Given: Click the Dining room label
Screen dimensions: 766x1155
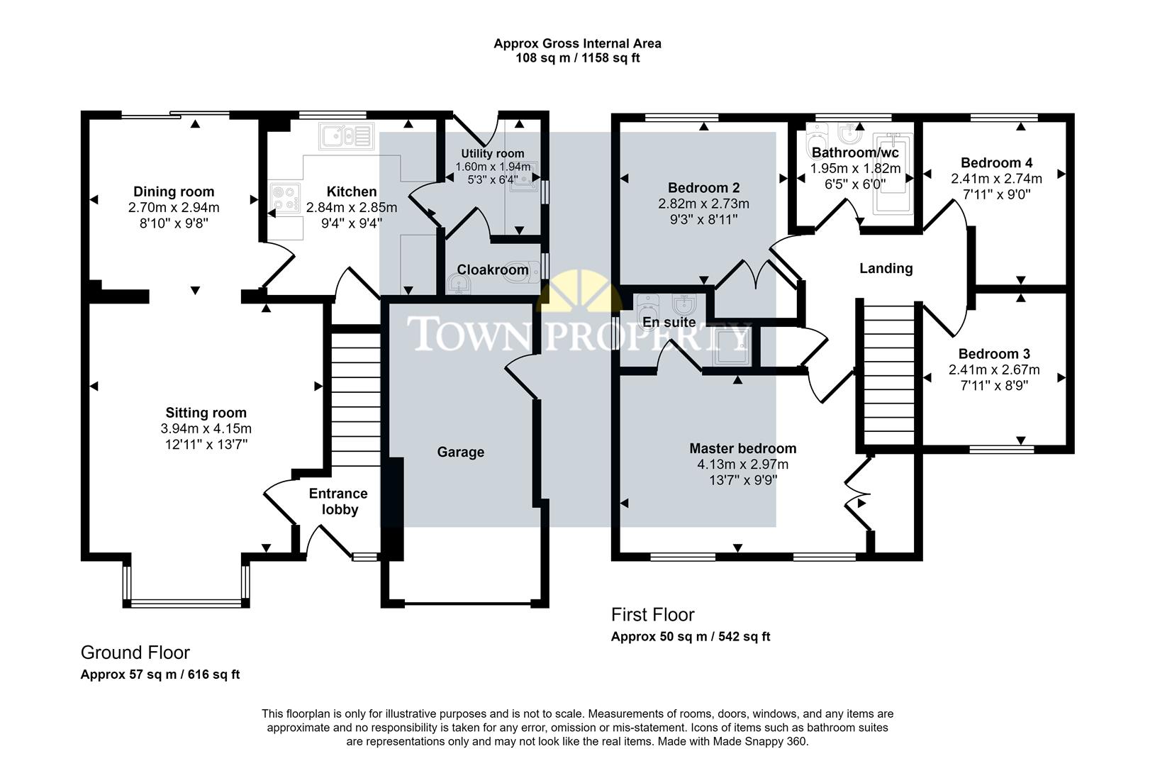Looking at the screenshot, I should pyautogui.click(x=174, y=191).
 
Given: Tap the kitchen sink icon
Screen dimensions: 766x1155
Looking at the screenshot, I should pyautogui.click(x=345, y=135).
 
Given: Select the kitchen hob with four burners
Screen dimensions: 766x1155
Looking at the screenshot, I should pyautogui.click(x=285, y=198).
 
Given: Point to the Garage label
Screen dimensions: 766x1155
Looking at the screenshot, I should pyautogui.click(x=460, y=452).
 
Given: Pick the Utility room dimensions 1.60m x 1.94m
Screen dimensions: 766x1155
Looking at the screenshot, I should pyautogui.click(x=492, y=167).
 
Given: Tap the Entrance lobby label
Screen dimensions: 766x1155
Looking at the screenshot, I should pyautogui.click(x=338, y=501).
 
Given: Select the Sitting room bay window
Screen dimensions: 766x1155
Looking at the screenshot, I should pyautogui.click(x=186, y=603).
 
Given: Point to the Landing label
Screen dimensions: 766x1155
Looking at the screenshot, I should pyautogui.click(x=886, y=268).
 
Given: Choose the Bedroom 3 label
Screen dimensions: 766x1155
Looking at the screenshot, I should pyautogui.click(x=994, y=354).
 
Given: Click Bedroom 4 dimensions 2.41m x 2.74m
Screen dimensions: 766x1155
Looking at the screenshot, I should pyautogui.click(x=996, y=178).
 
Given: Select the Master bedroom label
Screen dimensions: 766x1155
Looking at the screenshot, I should pyautogui.click(x=742, y=448).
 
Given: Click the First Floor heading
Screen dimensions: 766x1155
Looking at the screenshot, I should pyautogui.click(x=652, y=614).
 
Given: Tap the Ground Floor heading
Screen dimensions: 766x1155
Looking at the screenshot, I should pyautogui.click(x=135, y=652).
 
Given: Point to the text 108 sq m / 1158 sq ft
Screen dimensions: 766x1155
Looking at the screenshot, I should pyautogui.click(x=577, y=58).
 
